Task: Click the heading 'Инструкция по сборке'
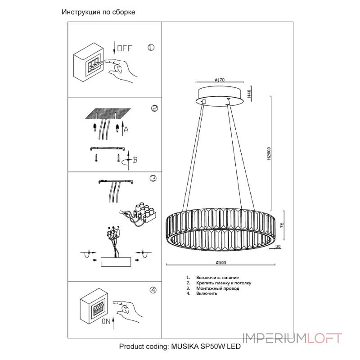point(98,12)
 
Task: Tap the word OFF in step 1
point(125,48)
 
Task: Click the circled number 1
point(151,48)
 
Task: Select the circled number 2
point(154,108)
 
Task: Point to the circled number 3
point(153,178)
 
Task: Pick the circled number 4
point(153,290)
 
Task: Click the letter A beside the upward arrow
point(126,130)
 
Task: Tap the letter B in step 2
point(135,160)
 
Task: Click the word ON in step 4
point(106,321)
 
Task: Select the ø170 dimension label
point(220,80)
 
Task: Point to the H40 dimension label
point(249,94)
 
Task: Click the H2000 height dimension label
point(269,153)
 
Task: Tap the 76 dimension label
point(282,225)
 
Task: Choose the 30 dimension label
point(278,246)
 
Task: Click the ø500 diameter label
point(221,262)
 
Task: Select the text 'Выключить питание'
point(217,278)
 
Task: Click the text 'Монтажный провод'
point(218,288)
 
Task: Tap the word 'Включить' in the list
point(207,293)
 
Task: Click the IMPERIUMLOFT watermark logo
point(292,338)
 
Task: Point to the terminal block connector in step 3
point(145,213)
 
